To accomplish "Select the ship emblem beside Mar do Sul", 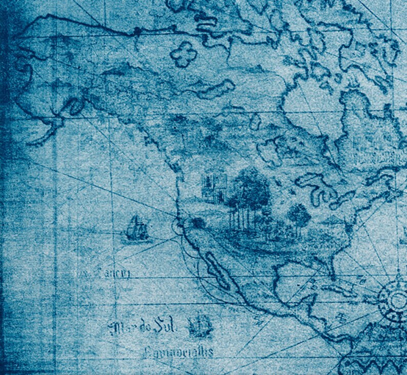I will click(199, 326).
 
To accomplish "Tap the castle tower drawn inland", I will click(215, 186).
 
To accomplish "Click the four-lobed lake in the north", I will click(184, 53).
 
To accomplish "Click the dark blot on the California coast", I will click(197, 222).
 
